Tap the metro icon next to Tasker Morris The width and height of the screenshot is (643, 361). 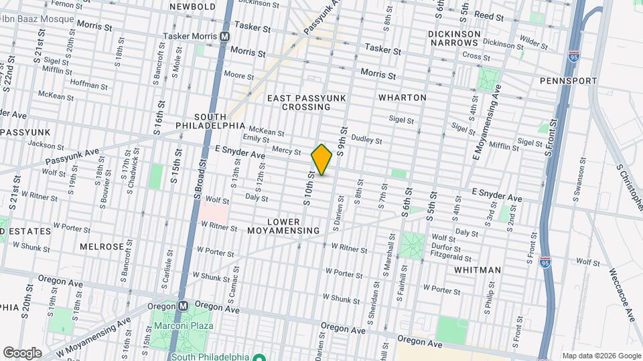pyautogui.click(x=226, y=36)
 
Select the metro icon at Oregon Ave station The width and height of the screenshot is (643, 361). pyautogui.click(x=183, y=306)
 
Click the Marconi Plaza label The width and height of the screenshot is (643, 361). pyautogui.click(x=184, y=326)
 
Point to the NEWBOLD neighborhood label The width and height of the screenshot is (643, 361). pyautogui.click(x=192, y=7)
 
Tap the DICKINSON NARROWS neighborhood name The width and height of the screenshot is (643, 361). pyautogui.click(x=453, y=36)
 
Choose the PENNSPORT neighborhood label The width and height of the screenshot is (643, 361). pyautogui.click(x=568, y=81)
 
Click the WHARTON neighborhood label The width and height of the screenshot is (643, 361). pyautogui.click(x=402, y=98)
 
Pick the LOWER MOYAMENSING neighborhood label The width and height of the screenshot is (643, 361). pyautogui.click(x=293, y=226)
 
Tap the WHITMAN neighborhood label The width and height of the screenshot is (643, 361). pyautogui.click(x=477, y=270)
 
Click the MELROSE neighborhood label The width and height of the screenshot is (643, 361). pyautogui.click(x=102, y=247)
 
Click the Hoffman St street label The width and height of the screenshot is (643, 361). pyautogui.click(x=88, y=86)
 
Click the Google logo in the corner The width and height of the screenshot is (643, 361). pyautogui.click(x=22, y=353)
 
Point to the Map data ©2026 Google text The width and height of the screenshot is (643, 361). pyautogui.click(x=601, y=356)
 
